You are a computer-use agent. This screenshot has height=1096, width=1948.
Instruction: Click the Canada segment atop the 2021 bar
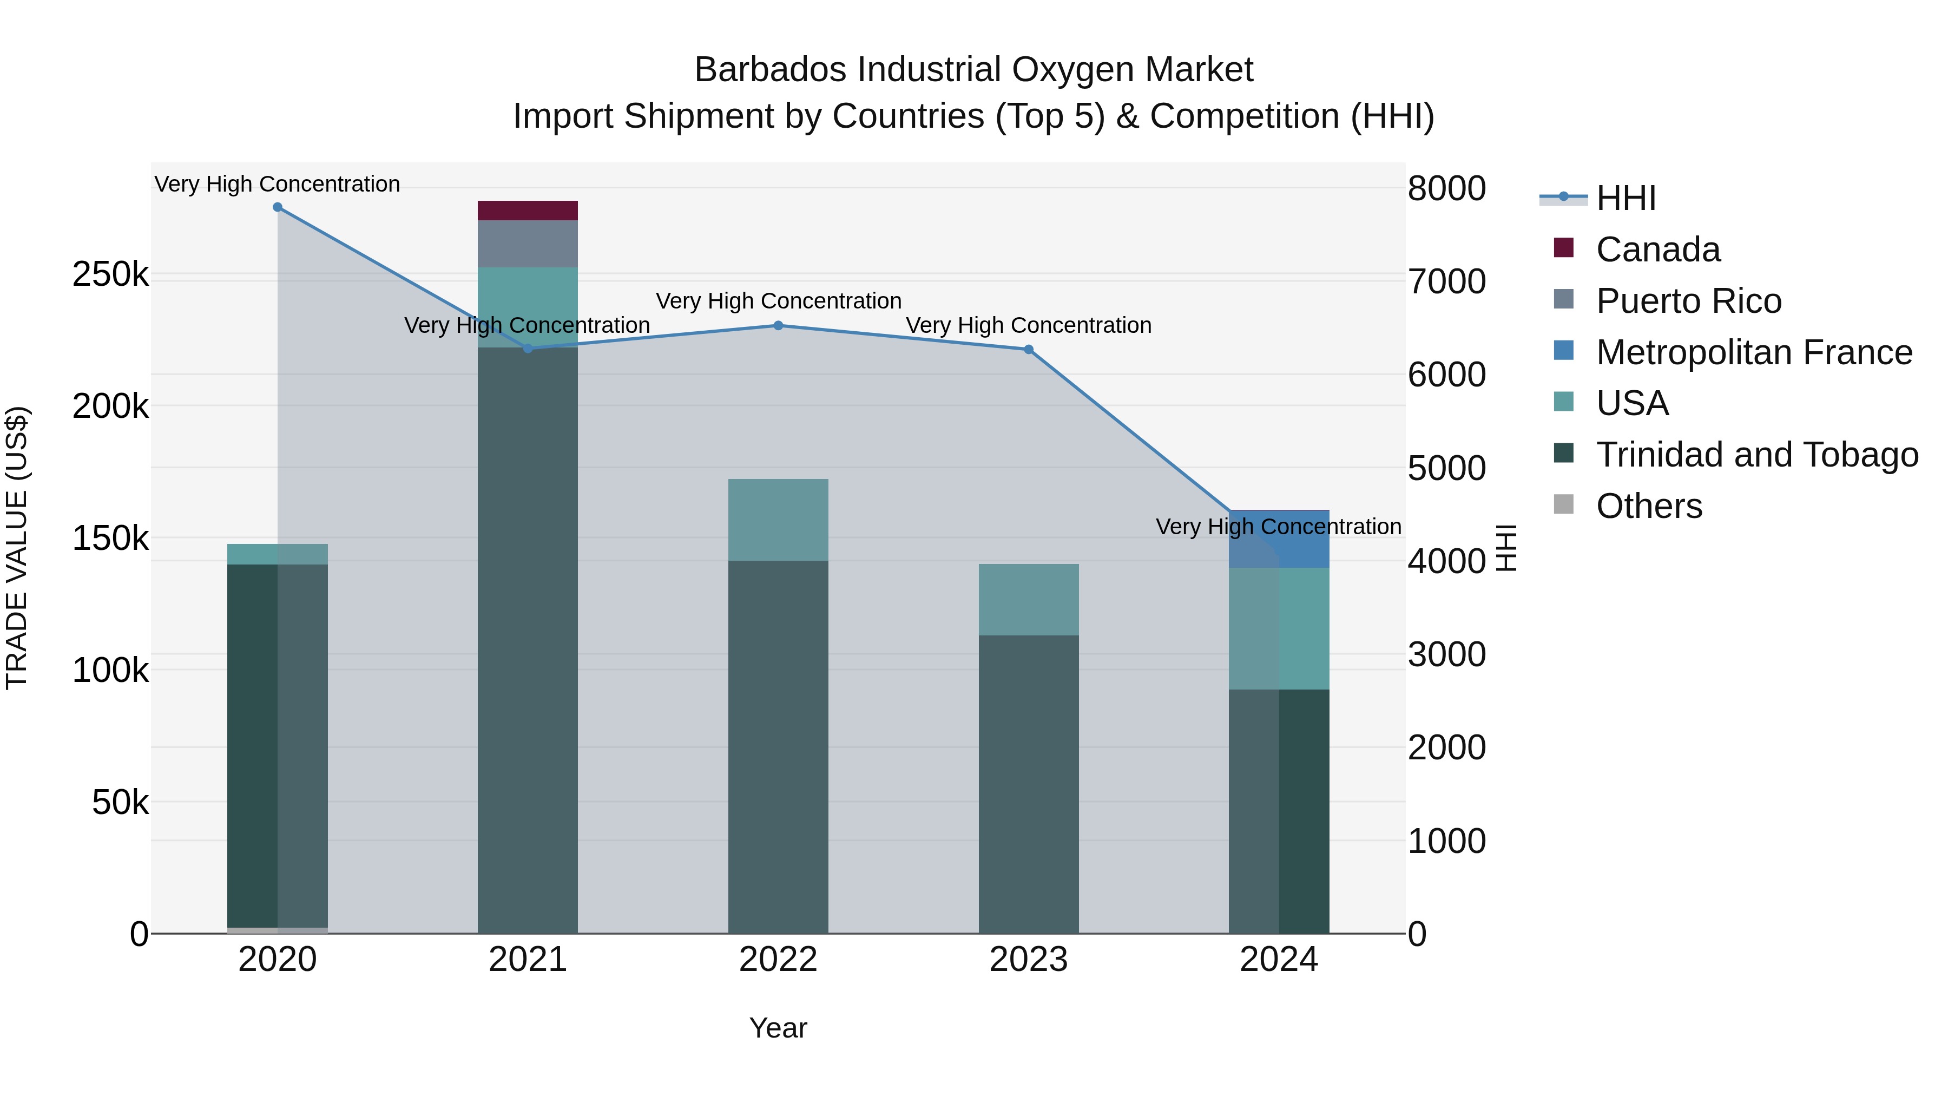527,211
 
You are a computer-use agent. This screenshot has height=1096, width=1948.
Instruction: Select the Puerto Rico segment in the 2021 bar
527,244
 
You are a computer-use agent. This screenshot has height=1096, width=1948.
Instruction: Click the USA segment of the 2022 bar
778,520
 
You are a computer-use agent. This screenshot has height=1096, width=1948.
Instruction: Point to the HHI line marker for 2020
278,207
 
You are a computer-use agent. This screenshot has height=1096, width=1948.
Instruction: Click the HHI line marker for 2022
778,325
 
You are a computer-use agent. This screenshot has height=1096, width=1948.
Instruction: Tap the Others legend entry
1649,506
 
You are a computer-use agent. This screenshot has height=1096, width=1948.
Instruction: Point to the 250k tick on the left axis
110,274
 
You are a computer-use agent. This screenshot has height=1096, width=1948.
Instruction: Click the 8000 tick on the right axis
1446,188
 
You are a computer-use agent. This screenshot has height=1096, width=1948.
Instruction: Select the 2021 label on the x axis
527,960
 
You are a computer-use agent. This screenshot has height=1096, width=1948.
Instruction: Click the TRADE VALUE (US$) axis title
17,548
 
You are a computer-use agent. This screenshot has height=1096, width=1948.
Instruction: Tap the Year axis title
778,1028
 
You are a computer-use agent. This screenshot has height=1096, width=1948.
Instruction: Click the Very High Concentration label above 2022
778,301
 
